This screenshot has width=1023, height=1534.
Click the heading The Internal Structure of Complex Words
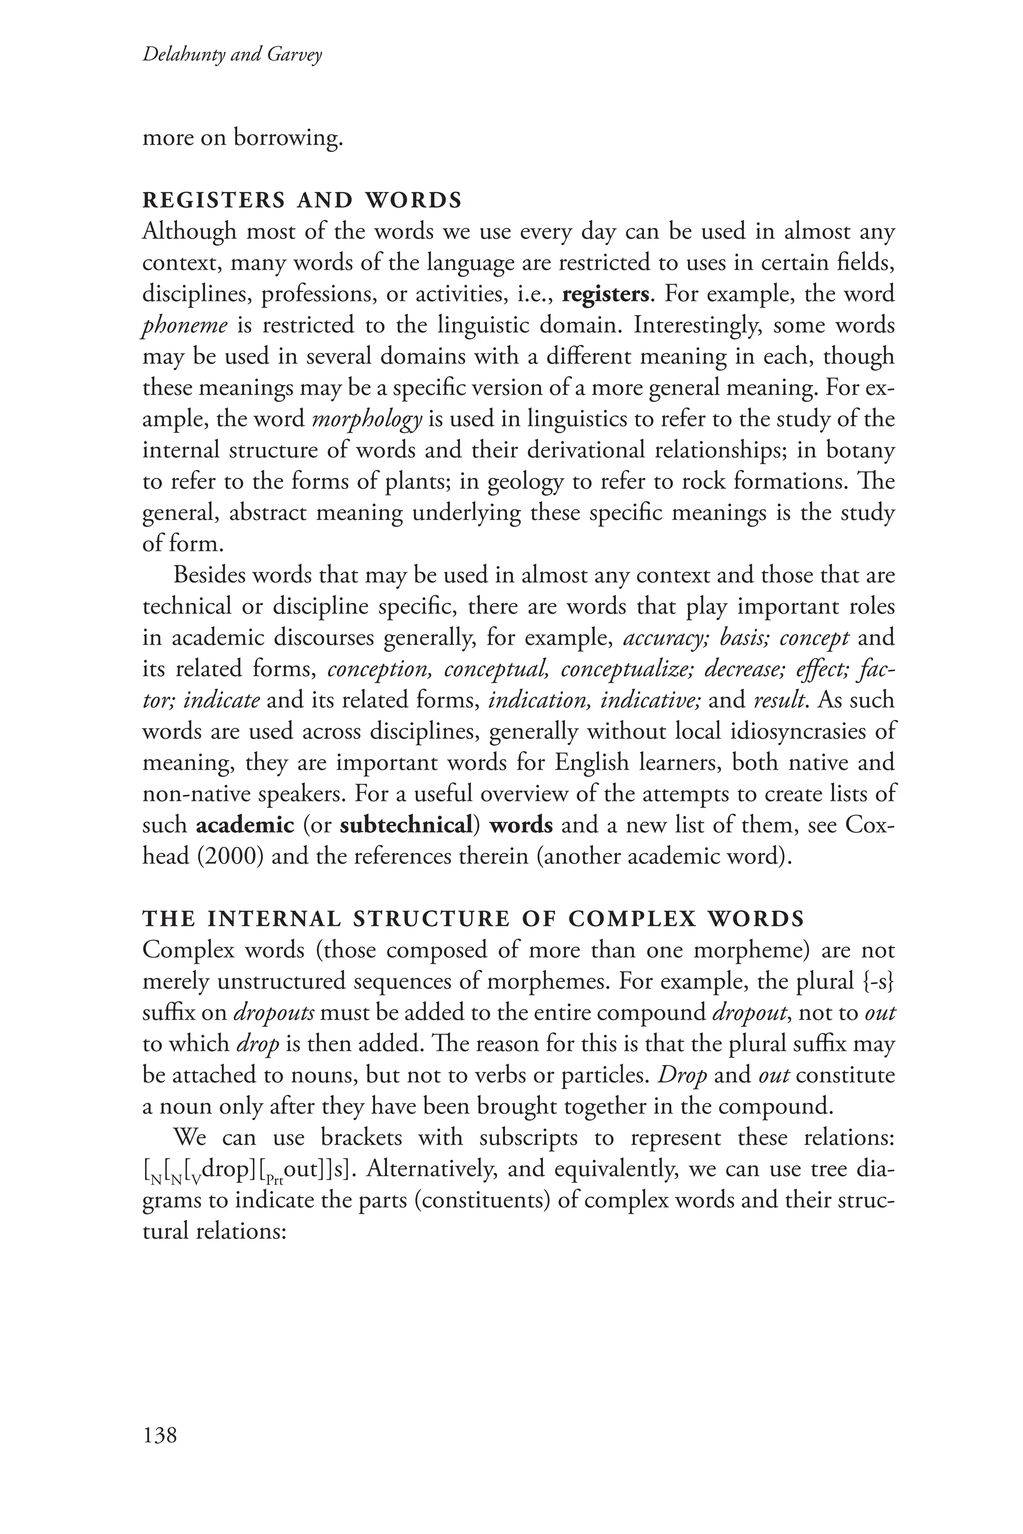pyautogui.click(x=474, y=919)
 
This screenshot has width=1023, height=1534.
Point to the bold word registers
pyautogui.click(x=605, y=294)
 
